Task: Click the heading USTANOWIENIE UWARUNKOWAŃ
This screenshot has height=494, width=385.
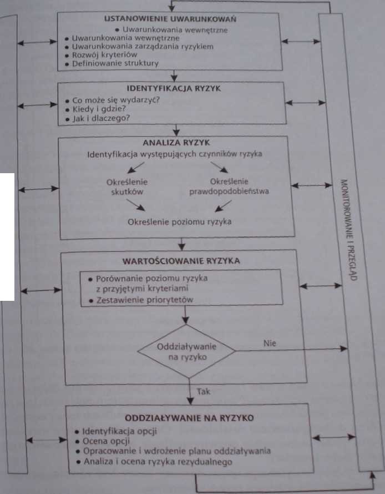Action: (170, 19)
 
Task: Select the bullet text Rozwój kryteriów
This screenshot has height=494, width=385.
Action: (104, 55)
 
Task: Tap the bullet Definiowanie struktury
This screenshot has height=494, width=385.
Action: (115, 63)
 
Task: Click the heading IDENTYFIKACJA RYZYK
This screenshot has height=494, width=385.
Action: (174, 88)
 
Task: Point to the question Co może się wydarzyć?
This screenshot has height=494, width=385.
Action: (116, 100)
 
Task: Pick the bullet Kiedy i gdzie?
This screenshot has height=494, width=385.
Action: (99, 109)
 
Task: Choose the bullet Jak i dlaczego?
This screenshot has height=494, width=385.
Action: (101, 118)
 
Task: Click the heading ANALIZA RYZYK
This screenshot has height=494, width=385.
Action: (176, 143)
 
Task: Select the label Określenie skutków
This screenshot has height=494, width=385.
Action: (127, 187)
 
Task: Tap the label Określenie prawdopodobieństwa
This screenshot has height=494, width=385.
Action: (229, 186)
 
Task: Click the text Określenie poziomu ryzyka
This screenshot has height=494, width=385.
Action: (179, 222)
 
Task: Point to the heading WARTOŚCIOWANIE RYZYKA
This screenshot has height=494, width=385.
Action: (181, 261)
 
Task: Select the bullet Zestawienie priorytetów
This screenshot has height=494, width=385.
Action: (145, 300)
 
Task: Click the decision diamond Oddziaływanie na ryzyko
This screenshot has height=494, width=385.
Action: (187, 351)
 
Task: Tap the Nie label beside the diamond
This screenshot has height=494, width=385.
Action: (270, 343)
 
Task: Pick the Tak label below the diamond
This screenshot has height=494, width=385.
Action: (204, 392)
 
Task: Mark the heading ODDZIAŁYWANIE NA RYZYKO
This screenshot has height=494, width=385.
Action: (189, 418)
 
